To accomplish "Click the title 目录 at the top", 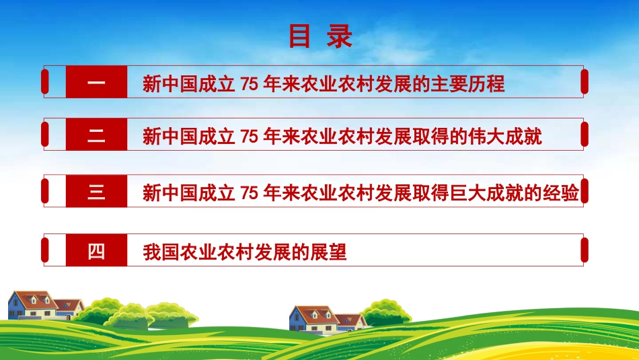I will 320,36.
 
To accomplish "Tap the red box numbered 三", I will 96,192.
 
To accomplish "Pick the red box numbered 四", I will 96,252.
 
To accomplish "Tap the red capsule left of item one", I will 45,82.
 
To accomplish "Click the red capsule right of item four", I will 584,250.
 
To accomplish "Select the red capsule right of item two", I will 584,135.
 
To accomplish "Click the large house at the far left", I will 32,305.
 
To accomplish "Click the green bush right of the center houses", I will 386,312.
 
